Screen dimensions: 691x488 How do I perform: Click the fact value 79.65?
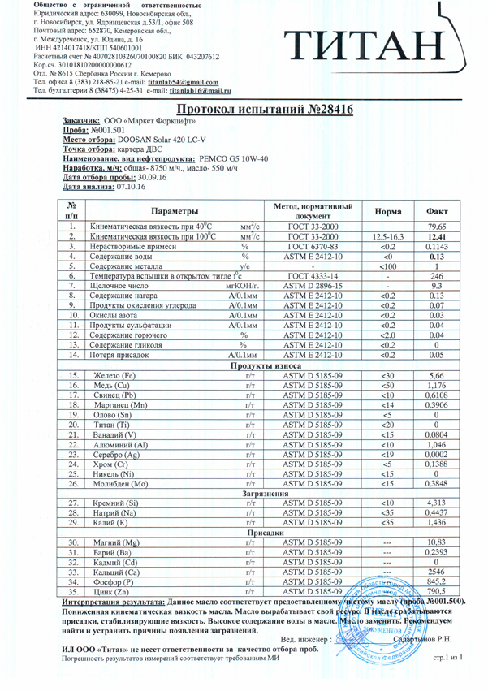coord(437,227)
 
